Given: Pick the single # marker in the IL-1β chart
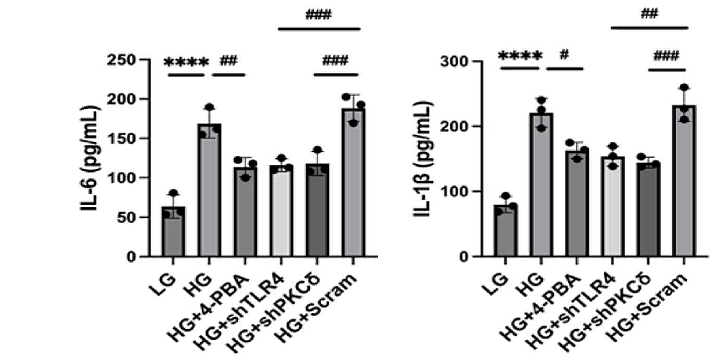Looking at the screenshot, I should (565, 55).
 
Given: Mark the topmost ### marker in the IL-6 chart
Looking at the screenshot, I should (318, 16).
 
